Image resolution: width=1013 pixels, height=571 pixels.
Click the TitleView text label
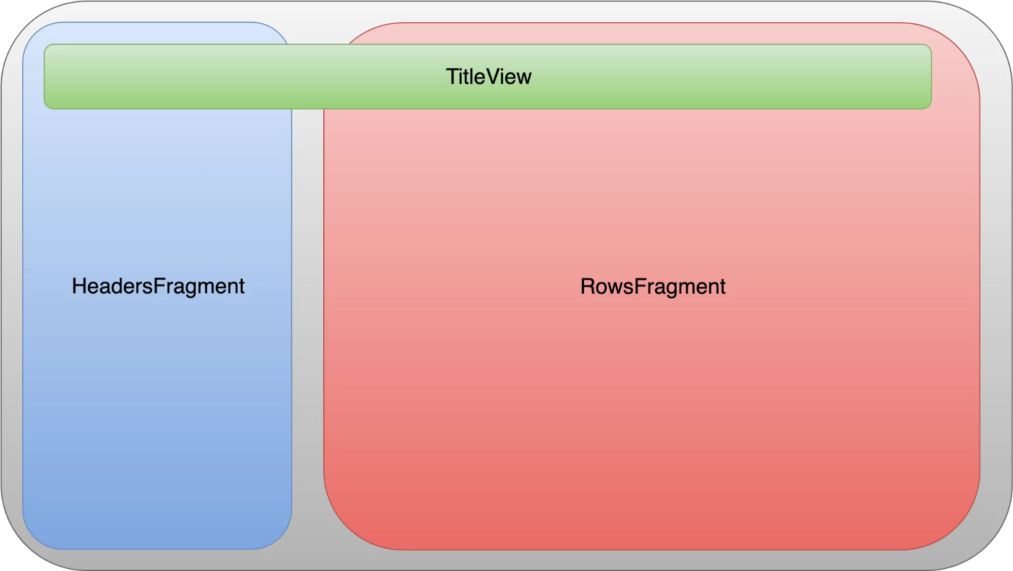point(489,77)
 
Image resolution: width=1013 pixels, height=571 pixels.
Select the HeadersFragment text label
point(158,286)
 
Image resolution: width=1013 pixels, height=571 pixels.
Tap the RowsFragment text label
point(653,287)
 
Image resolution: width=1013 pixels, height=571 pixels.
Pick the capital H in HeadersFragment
point(79,286)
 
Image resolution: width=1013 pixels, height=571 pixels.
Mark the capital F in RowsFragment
point(640,287)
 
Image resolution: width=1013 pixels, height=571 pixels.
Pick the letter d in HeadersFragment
point(116,286)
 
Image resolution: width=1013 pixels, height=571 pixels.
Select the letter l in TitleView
point(473,77)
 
